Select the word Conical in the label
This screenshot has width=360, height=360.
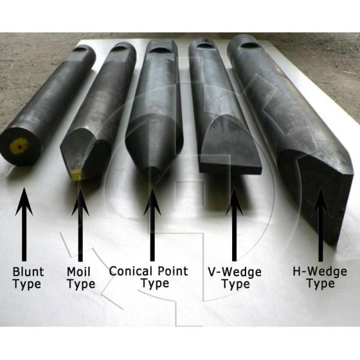coord(130,271)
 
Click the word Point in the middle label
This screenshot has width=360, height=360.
coord(170,271)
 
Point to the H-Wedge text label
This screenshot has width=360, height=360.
coord(320,271)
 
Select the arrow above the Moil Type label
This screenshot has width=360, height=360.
coord(80,221)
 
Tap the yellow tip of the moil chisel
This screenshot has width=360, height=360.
coord(76,174)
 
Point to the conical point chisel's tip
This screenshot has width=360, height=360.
coord(152,174)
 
